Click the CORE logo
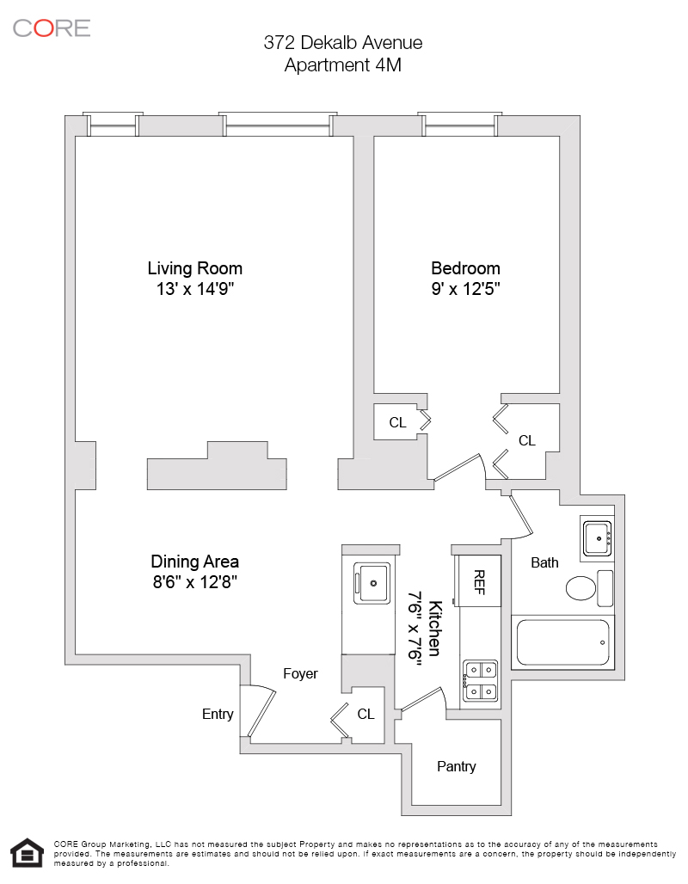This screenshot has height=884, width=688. [x=52, y=28]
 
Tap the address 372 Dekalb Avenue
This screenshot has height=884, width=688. [x=343, y=43]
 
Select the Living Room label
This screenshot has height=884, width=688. [x=195, y=268]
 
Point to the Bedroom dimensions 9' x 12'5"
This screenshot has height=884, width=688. [x=466, y=289]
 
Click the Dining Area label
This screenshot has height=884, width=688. [x=195, y=562]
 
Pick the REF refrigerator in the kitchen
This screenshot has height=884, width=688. [x=478, y=580]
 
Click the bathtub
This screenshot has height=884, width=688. [x=562, y=642]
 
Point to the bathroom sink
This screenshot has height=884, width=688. [x=597, y=538]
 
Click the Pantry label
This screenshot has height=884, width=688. [x=456, y=766]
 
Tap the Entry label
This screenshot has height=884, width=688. [x=218, y=715]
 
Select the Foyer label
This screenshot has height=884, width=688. [x=301, y=673]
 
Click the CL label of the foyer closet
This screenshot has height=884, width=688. [x=366, y=715]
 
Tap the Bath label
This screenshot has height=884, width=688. [x=544, y=562]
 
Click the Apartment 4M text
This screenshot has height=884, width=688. [x=343, y=65]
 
